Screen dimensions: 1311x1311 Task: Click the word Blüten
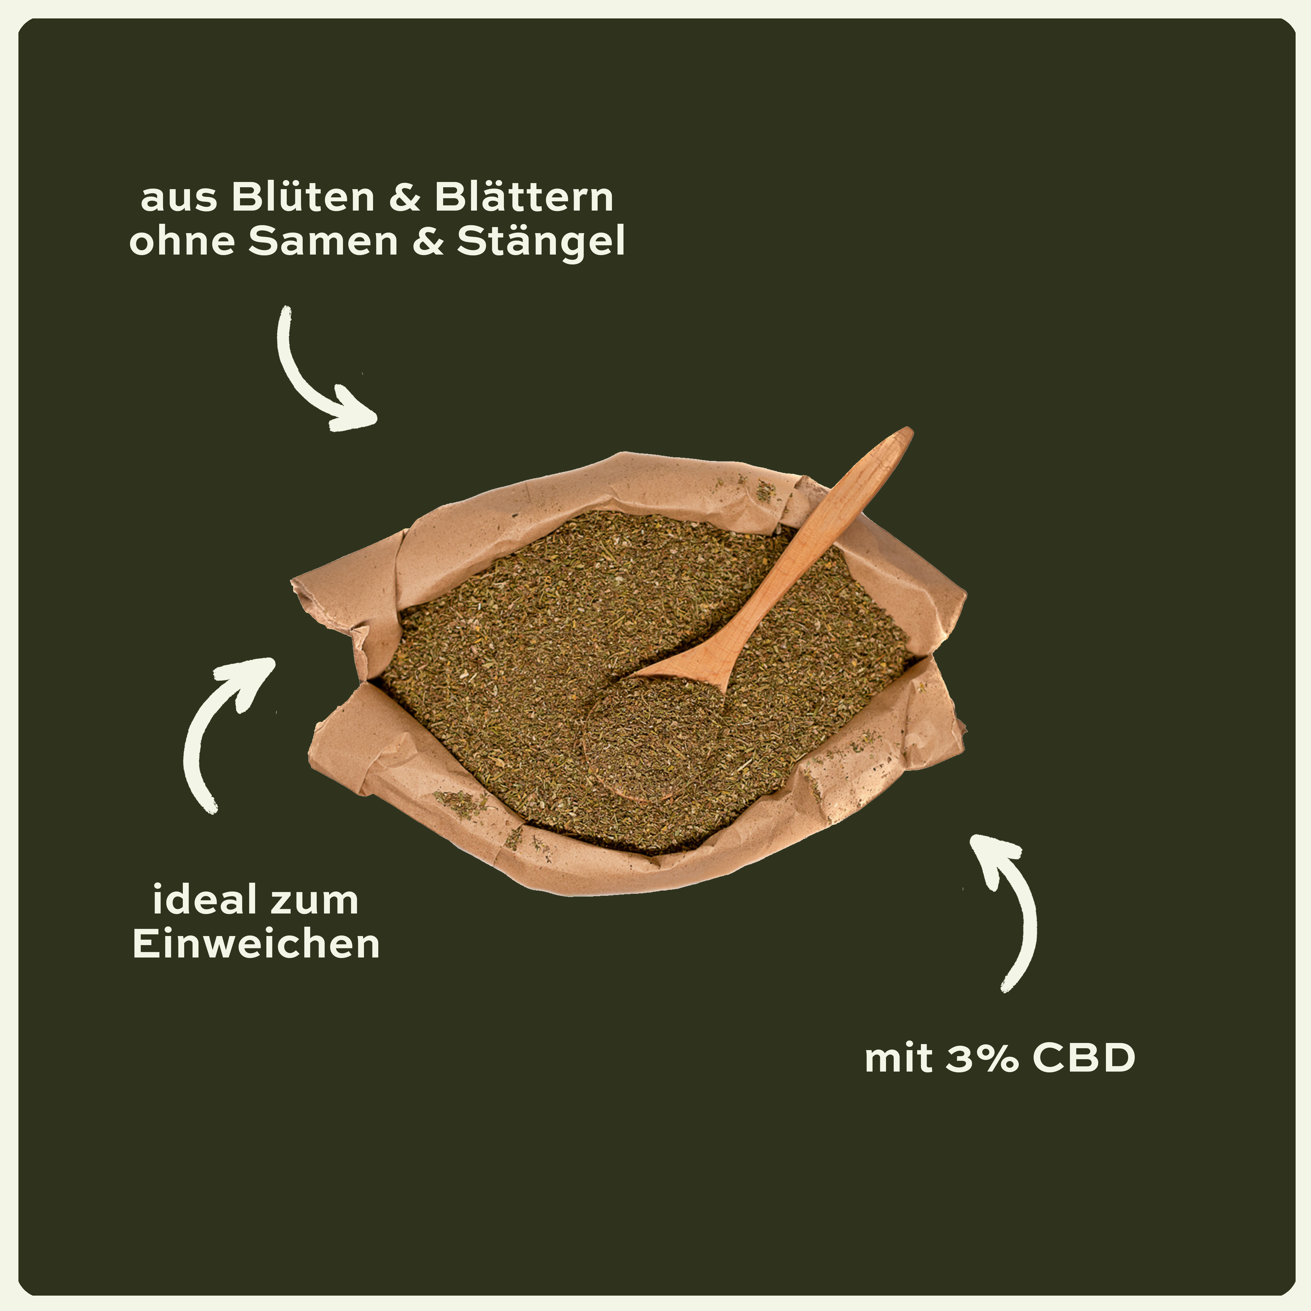(303, 197)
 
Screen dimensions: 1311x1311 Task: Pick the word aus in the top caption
(178, 200)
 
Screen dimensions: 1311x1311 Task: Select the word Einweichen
(256, 945)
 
